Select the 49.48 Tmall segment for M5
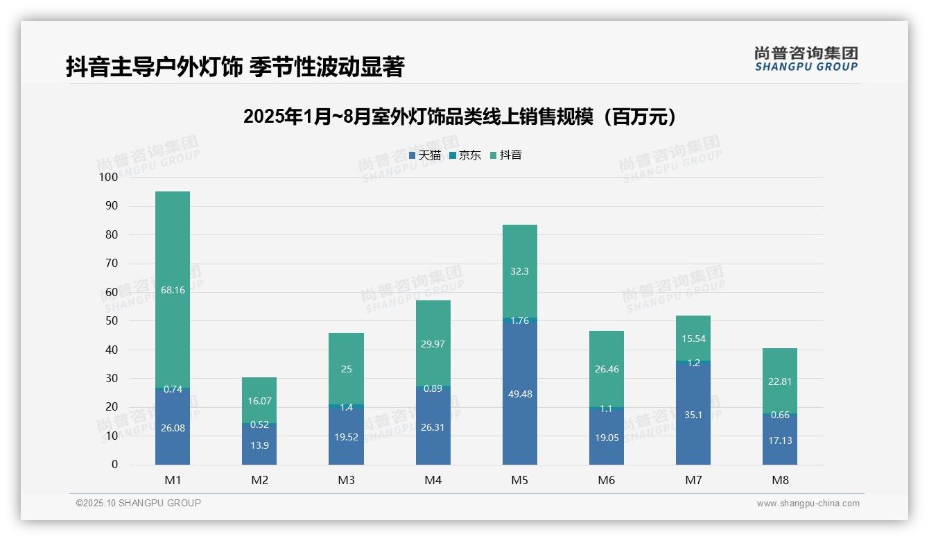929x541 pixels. (x=519, y=393)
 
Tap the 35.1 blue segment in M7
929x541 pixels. (x=693, y=415)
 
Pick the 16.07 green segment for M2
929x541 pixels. (x=259, y=400)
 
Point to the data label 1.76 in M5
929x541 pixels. (x=519, y=320)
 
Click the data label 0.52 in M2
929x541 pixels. (x=259, y=424)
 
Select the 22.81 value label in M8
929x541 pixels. (x=780, y=381)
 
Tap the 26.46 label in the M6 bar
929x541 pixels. (x=607, y=369)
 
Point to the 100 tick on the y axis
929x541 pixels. (x=109, y=177)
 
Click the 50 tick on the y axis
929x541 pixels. (x=112, y=321)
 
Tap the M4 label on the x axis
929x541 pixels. (x=433, y=480)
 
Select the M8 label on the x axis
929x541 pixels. (x=780, y=480)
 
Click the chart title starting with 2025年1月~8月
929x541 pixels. (x=460, y=117)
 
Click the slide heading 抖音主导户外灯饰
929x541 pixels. (x=234, y=67)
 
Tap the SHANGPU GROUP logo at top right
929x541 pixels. (x=806, y=59)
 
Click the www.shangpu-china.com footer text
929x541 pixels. (x=808, y=504)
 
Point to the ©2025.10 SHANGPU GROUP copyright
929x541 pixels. (x=139, y=503)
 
